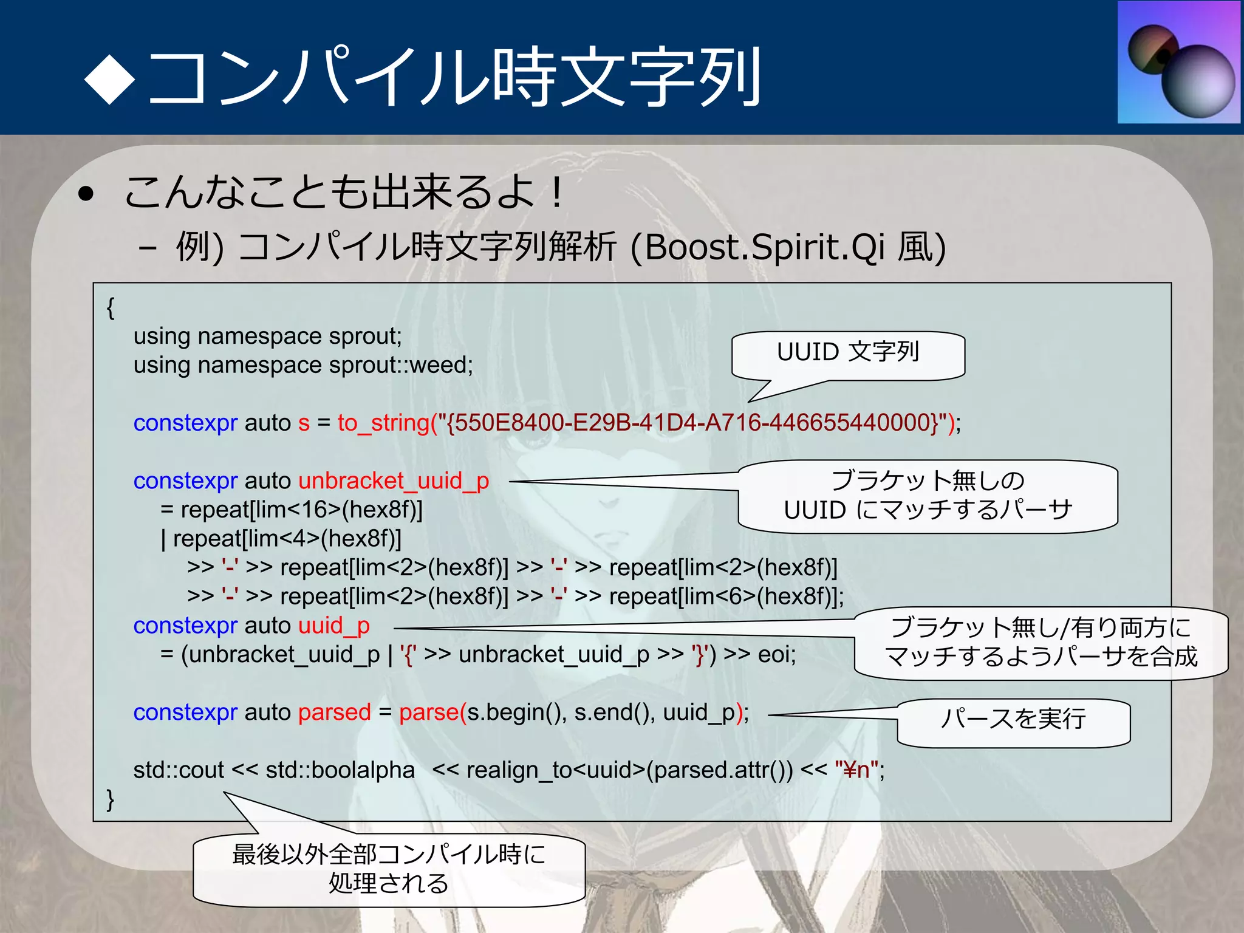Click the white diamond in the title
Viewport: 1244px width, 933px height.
[109, 79]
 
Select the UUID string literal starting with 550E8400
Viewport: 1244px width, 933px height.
[692, 423]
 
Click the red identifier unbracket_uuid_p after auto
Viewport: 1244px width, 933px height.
[394, 481]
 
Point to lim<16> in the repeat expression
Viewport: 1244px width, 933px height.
[298, 510]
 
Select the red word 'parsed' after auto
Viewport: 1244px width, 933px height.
[334, 713]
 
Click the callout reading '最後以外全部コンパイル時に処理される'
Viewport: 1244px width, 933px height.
[389, 869]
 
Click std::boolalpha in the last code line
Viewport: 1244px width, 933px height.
[340, 770]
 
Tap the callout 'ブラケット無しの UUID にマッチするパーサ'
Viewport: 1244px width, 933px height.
[928, 496]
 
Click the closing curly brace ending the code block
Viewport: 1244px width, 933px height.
[110, 799]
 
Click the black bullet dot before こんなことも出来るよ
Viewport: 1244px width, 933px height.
[86, 194]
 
